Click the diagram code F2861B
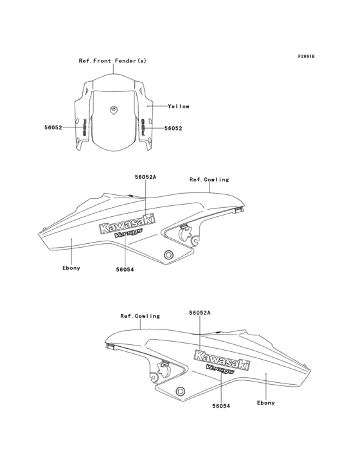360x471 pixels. pos(306,56)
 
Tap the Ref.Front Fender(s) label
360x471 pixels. pos(113,60)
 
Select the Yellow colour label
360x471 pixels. pos(179,106)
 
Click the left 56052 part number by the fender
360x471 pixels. pos(53,127)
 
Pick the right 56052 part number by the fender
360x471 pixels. pos(173,128)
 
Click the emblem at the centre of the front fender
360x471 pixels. pos(114,109)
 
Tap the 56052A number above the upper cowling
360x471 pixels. pos(145,177)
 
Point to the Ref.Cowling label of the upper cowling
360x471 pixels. pos(209,180)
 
